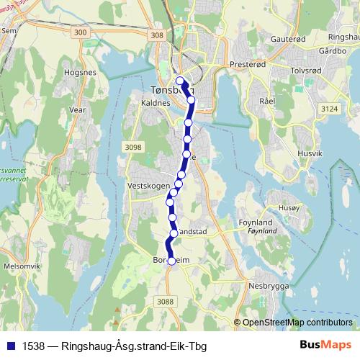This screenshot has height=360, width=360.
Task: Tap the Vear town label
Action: point(76,110)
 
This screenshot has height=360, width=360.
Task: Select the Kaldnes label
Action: point(156,103)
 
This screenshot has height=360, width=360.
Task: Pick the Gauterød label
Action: point(288,39)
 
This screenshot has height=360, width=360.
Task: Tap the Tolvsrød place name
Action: point(305,72)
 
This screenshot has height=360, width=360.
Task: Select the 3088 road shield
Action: point(165,302)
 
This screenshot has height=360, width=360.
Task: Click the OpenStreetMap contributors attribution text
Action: point(297,322)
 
